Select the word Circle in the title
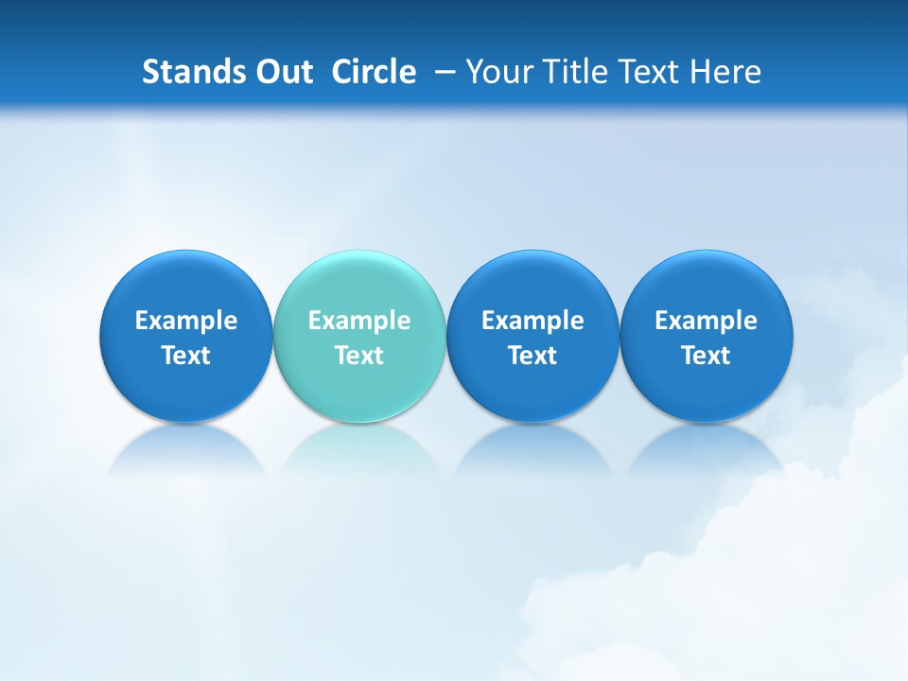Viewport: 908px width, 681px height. [374, 72]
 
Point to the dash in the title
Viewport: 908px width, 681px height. [441, 72]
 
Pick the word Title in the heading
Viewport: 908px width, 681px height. [571, 72]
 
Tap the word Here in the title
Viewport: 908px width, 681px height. [725, 72]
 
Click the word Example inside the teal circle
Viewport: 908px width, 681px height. [359, 321]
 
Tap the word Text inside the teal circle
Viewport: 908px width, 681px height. [359, 356]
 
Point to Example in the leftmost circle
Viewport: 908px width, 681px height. [186, 321]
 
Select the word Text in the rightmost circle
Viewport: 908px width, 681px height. [706, 356]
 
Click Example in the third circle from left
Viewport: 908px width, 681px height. [533, 321]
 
